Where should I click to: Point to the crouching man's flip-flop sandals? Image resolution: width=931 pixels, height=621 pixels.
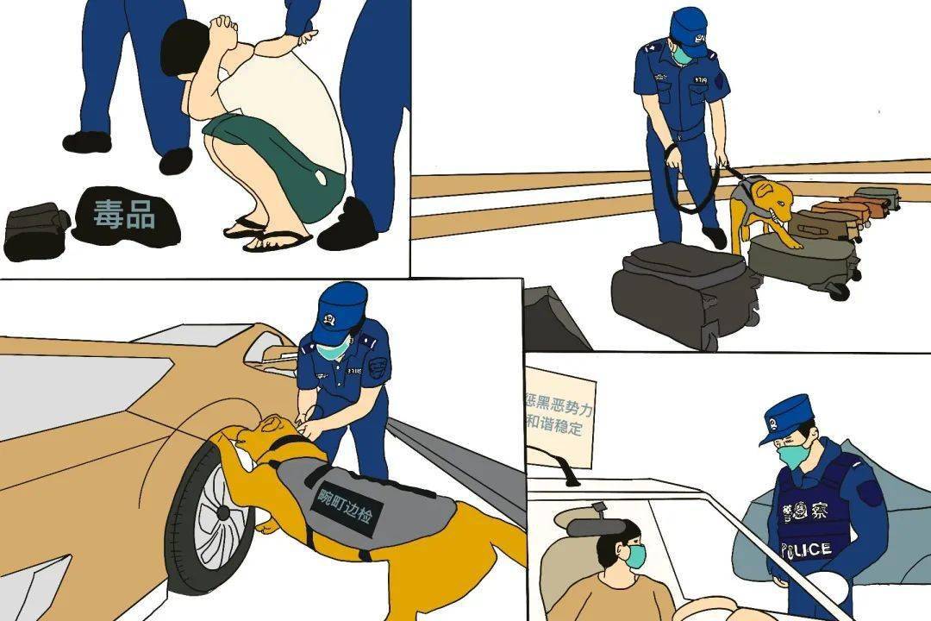pos(267,235)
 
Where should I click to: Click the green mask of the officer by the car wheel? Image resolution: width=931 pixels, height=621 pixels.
pos(334,348)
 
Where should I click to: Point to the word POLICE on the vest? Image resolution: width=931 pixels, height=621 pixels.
pos(806,549)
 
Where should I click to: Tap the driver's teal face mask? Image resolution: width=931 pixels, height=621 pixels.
pos(636,556)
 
